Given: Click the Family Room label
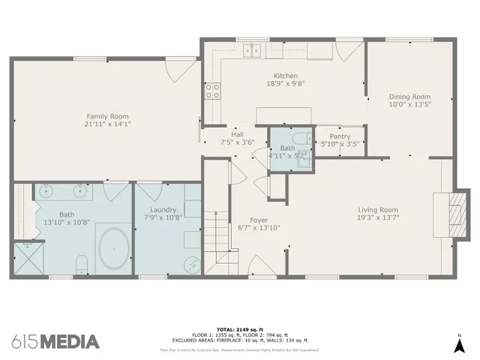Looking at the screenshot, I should tap(107, 116).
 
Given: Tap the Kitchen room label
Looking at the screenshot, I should tap(286, 76).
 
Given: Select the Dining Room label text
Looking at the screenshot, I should tap(409, 96).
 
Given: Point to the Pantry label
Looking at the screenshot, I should tap(340, 136).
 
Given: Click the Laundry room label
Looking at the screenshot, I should tap(163, 210).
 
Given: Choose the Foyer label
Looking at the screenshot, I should tap(259, 220).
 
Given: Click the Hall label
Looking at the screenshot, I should tap(237, 134).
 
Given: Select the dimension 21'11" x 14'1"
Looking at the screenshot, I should tap(107, 125).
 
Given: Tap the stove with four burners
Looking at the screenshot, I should tap(213, 91).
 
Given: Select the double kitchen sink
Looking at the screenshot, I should tap(252, 50).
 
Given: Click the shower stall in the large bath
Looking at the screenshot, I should tap(28, 257).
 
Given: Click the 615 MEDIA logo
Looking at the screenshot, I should tap(55, 341).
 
